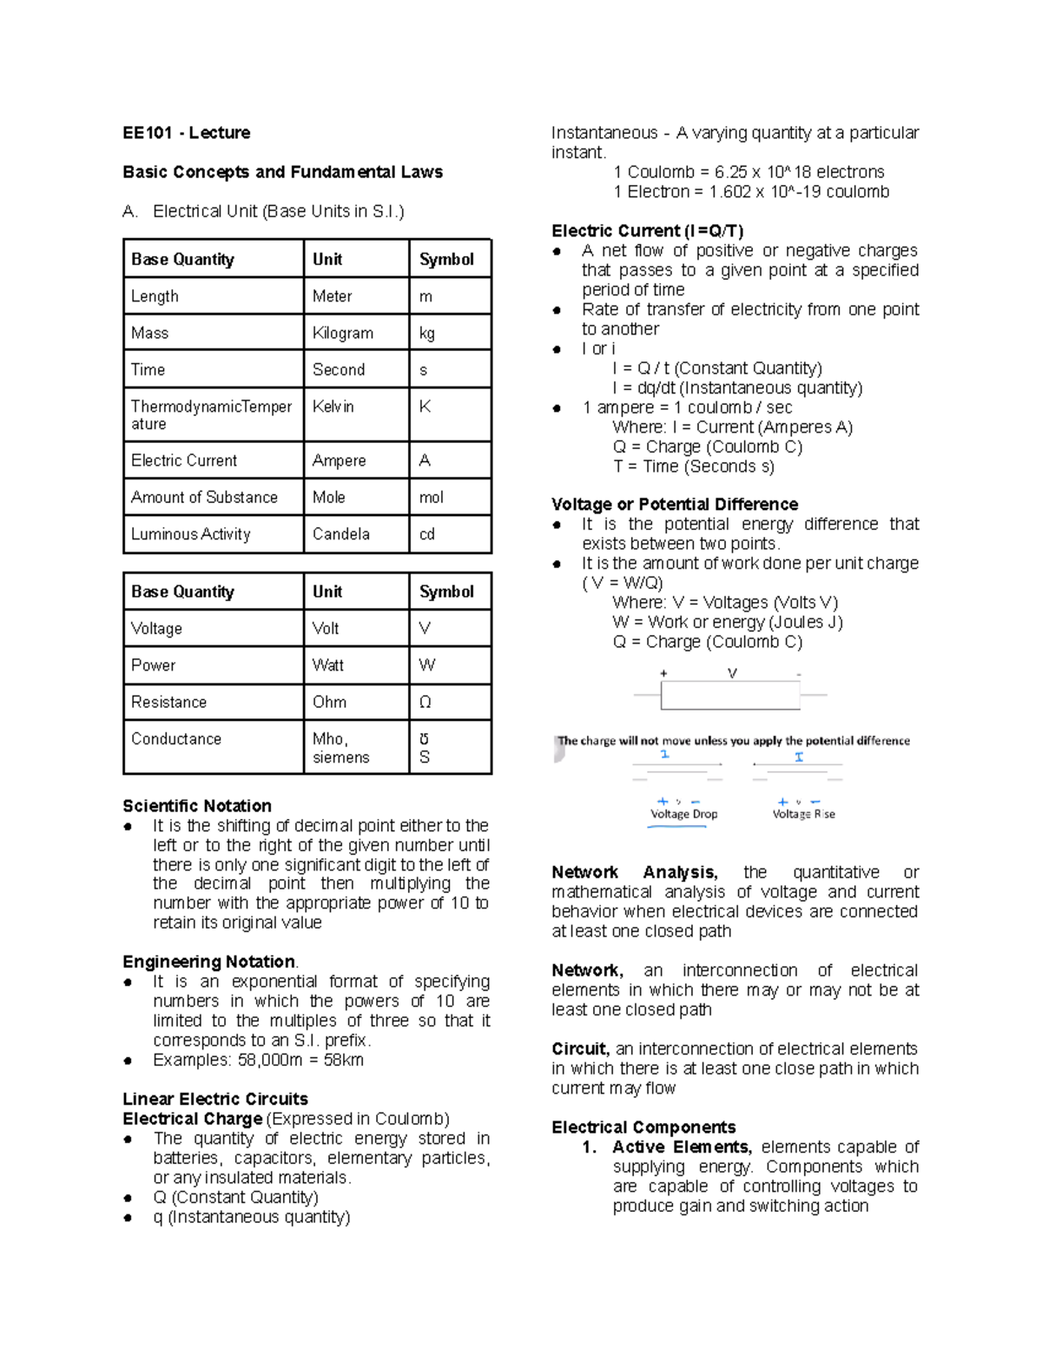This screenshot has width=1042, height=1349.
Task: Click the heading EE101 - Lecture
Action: coord(186,133)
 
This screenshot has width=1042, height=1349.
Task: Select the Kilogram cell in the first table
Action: coord(342,333)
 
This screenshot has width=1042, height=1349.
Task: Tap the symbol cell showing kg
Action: coord(427,333)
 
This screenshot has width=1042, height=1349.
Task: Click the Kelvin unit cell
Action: coord(333,407)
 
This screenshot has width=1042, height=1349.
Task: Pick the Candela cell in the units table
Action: coord(340,534)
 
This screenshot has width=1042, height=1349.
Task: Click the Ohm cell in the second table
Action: coord(329,702)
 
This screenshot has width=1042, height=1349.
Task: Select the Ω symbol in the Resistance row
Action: coord(425,702)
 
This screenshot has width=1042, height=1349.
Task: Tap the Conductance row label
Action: coord(176,738)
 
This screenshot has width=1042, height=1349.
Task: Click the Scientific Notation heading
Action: coord(197,806)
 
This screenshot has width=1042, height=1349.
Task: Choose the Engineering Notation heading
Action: coord(208,962)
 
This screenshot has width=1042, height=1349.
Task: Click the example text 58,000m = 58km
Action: coord(258,1060)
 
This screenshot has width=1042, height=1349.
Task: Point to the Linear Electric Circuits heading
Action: coord(215,1099)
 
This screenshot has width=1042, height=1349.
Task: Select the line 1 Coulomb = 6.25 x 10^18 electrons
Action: coord(749,172)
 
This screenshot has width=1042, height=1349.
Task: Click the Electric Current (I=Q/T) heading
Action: coord(647,231)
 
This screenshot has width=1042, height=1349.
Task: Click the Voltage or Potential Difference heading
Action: coord(675,505)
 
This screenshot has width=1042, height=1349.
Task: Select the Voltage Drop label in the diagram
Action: coord(683,814)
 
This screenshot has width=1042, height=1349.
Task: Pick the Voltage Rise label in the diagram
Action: coord(803,814)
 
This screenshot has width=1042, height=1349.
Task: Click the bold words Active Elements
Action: coord(682,1147)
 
